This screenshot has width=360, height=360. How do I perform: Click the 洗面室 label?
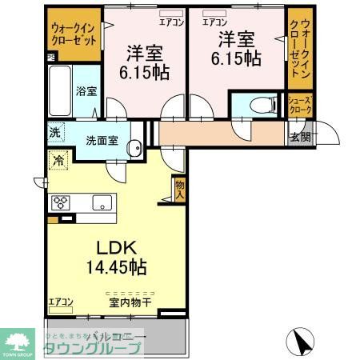point(103,139)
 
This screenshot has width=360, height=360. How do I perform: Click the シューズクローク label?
point(300,105)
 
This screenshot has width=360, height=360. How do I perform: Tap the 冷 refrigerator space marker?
point(58,161)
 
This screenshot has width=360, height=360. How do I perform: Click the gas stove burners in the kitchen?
point(62,201)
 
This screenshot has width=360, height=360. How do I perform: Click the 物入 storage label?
point(180,189)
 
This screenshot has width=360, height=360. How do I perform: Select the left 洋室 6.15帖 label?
point(145,62)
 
